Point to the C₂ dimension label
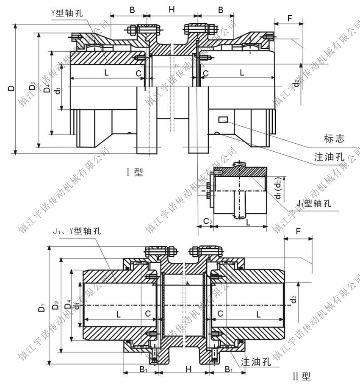pyautogui.click(x=208, y=221)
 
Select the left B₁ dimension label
pyautogui.click(x=143, y=369)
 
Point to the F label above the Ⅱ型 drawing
pyautogui.click(x=298, y=232)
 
